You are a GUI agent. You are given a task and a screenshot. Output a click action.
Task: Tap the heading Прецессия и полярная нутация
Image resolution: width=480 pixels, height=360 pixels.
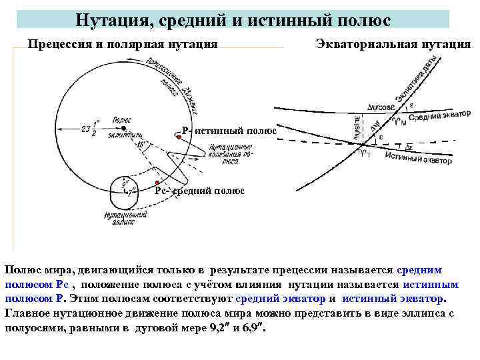(123, 44)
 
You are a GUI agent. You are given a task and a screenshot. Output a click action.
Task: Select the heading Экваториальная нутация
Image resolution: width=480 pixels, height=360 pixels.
(392, 44)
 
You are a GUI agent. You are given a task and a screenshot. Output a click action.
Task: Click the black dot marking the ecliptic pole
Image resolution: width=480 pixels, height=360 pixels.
(123, 128)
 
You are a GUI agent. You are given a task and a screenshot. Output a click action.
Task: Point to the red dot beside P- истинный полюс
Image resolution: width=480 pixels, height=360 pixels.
(179, 137)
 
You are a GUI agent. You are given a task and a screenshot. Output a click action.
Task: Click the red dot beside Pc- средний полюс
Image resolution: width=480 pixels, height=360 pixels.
(155, 183)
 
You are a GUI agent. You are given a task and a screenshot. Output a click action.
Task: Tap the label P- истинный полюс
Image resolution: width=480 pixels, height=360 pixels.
(229, 130)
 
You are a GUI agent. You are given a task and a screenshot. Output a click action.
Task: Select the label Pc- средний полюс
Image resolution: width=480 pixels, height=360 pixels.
(199, 191)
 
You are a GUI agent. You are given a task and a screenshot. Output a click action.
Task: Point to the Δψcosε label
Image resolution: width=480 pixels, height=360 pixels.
(381, 107)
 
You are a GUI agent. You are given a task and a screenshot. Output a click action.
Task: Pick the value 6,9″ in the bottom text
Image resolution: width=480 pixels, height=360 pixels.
(249, 327)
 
